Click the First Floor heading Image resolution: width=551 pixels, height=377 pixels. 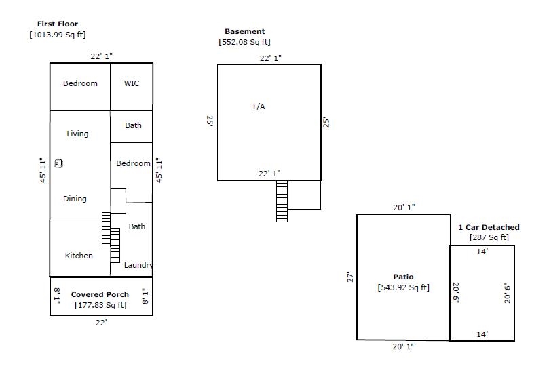58,24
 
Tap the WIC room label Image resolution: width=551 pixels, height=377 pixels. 132,83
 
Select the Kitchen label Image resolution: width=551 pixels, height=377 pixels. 79,256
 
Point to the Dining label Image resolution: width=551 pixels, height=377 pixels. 75,199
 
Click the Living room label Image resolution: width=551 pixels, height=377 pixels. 77,134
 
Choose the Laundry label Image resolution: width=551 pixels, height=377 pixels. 138,265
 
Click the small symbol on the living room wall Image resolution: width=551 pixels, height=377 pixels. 58,163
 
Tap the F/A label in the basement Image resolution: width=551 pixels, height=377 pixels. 259,106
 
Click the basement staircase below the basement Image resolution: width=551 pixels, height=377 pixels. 282,201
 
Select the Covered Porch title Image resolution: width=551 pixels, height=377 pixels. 100,294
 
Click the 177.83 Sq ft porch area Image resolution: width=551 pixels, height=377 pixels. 100,305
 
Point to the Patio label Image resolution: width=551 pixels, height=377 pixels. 403,277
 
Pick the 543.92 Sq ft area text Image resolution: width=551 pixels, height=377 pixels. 403,287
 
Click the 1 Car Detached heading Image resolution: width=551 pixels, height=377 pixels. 489,227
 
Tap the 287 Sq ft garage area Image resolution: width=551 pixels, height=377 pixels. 489,237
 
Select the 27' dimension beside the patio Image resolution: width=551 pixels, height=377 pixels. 350,277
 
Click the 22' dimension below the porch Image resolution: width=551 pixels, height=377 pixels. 101,323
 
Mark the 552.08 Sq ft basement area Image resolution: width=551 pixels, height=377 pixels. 244,42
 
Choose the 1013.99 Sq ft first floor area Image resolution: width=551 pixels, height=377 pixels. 58,35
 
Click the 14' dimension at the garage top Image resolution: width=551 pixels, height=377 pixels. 482,252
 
